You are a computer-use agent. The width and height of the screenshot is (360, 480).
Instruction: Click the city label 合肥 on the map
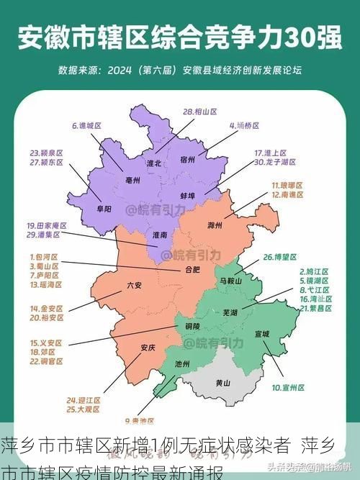(x=192, y=271)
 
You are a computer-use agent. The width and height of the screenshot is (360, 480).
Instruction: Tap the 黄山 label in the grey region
(x=224, y=384)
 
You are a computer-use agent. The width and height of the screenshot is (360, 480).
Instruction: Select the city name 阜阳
(x=103, y=209)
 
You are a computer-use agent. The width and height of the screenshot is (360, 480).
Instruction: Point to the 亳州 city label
(x=132, y=181)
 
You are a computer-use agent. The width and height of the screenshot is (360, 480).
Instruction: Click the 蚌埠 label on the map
(x=189, y=195)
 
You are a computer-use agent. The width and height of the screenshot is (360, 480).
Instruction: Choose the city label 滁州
(x=215, y=225)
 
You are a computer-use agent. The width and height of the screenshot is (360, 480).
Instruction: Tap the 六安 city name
(x=134, y=285)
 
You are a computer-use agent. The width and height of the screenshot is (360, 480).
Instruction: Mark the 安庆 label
(x=148, y=348)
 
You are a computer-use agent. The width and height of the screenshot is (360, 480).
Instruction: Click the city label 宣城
(x=262, y=334)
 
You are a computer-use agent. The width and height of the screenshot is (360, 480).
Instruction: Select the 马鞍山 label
(x=230, y=281)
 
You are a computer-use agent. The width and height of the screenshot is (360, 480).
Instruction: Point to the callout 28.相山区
(x=201, y=112)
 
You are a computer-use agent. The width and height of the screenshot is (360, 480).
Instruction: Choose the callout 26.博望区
(x=279, y=256)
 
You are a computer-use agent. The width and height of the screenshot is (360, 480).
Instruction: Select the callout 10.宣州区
(x=288, y=387)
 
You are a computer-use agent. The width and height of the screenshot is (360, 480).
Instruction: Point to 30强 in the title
(x=310, y=35)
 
